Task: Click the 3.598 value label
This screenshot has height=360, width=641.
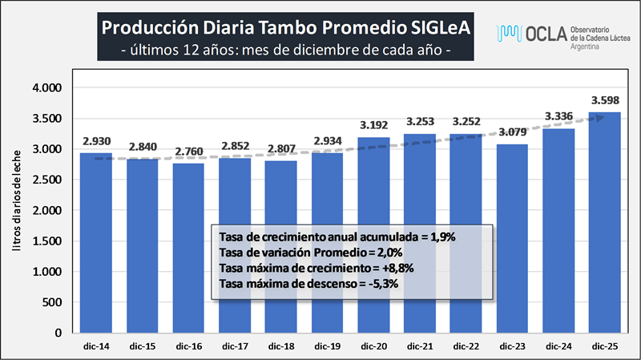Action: click(x=604, y=101)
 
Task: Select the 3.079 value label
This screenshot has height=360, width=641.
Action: click(x=512, y=132)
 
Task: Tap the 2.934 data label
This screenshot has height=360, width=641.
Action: click(x=328, y=142)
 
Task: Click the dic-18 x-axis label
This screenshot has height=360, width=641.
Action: click(x=281, y=346)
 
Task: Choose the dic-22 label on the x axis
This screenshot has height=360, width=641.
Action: click(x=466, y=346)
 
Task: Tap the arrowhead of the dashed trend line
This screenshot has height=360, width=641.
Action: click(x=601, y=116)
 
